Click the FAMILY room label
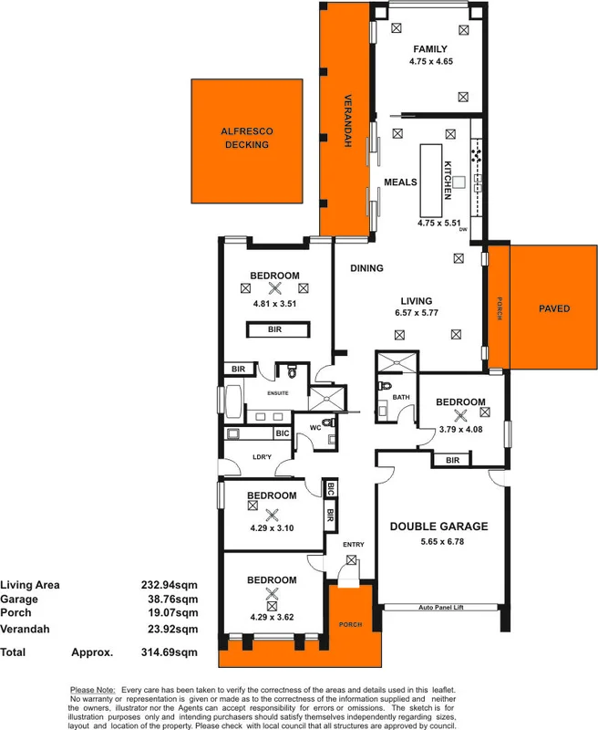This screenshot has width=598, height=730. click(431, 48)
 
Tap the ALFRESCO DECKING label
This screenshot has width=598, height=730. click(247, 138)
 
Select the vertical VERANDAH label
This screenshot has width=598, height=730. click(346, 121)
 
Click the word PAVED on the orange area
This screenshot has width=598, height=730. click(553, 308)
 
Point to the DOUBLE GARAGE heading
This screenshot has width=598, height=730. click(438, 526)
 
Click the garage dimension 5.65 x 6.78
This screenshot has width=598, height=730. click(438, 542)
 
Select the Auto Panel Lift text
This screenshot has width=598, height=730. click(441, 606)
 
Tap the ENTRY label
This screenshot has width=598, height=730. click(354, 545)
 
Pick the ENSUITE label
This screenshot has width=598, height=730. click(278, 392)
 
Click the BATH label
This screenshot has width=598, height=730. click(401, 397)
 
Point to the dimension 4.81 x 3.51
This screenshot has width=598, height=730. click(275, 304)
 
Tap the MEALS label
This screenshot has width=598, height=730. click(400, 182)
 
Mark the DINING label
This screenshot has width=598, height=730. click(366, 268)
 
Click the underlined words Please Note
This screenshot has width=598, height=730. click(92, 689)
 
